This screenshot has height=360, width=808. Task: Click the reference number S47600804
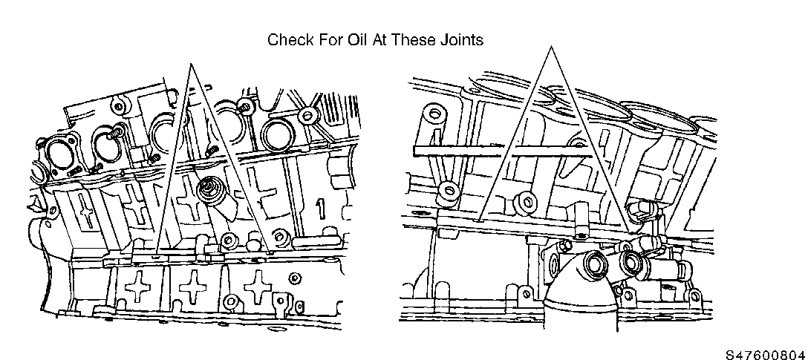pos(766,354)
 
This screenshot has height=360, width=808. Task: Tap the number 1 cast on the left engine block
pos(321,209)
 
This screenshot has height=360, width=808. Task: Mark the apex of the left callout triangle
pos(191,64)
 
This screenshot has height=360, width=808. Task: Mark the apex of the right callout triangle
pos(551,47)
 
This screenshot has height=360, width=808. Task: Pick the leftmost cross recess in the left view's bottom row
pos(138,287)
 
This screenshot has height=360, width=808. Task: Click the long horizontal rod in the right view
pos(503,151)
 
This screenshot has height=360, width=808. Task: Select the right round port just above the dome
pos(631,260)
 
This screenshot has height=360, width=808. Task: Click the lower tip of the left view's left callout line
pos(157,255)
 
